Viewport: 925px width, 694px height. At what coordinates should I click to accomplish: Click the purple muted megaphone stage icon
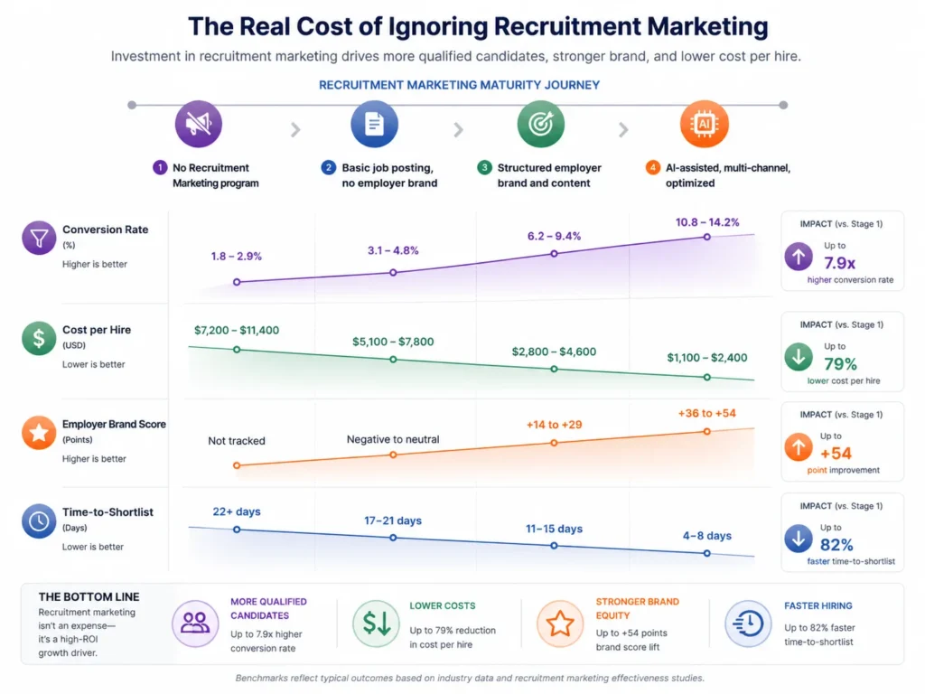(x=197, y=125)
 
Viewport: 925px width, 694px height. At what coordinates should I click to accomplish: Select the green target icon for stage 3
(x=540, y=125)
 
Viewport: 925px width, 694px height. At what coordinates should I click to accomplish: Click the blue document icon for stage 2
(x=374, y=125)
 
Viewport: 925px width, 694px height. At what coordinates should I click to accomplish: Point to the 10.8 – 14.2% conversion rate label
(x=707, y=222)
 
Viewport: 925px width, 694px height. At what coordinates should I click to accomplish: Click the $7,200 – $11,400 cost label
(x=237, y=331)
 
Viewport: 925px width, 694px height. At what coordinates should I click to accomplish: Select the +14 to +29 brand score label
(x=555, y=424)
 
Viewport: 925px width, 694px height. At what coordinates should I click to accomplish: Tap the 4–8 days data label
(x=707, y=536)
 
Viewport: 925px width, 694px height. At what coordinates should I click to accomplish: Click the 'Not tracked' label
(x=237, y=441)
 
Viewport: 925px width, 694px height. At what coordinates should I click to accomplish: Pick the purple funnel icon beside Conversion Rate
(x=39, y=239)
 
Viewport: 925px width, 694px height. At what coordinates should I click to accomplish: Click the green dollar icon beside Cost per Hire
(x=39, y=339)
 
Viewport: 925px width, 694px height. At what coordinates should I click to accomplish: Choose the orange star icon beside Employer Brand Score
(x=39, y=433)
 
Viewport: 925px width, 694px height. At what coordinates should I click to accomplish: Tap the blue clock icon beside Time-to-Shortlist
(x=39, y=521)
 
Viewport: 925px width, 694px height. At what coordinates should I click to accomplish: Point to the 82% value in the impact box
(x=836, y=545)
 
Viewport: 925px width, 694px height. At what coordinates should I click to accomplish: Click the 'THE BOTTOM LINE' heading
(x=89, y=597)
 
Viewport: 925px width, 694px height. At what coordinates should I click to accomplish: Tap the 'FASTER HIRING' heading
(x=818, y=605)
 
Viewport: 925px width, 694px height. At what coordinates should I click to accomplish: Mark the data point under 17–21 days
(x=393, y=537)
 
